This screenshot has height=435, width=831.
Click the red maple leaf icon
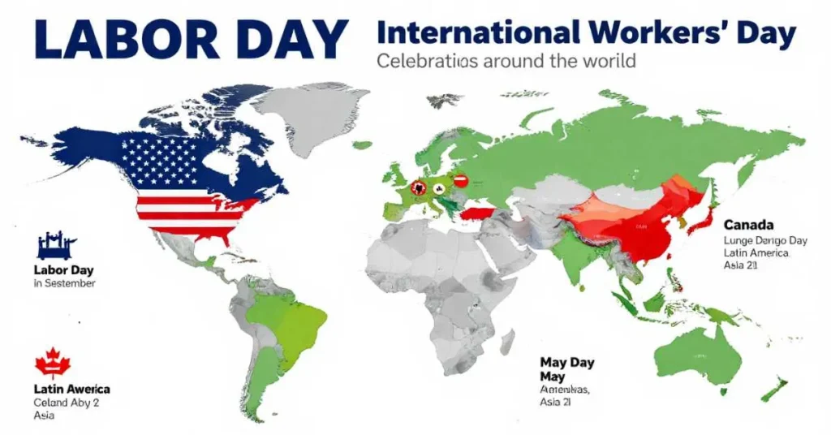pos(53,363)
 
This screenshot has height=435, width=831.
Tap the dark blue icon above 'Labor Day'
pos(57,244)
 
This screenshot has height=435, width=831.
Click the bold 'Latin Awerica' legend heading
pos(72,389)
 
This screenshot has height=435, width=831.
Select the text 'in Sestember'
pos(65,283)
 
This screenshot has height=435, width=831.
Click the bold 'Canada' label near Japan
pos(748,224)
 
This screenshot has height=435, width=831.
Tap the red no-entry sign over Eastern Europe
pos(460,181)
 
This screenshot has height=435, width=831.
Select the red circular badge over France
pos(420,187)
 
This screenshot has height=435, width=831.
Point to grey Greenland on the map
pos(304,114)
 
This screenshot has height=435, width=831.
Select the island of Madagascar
pos(507,341)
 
